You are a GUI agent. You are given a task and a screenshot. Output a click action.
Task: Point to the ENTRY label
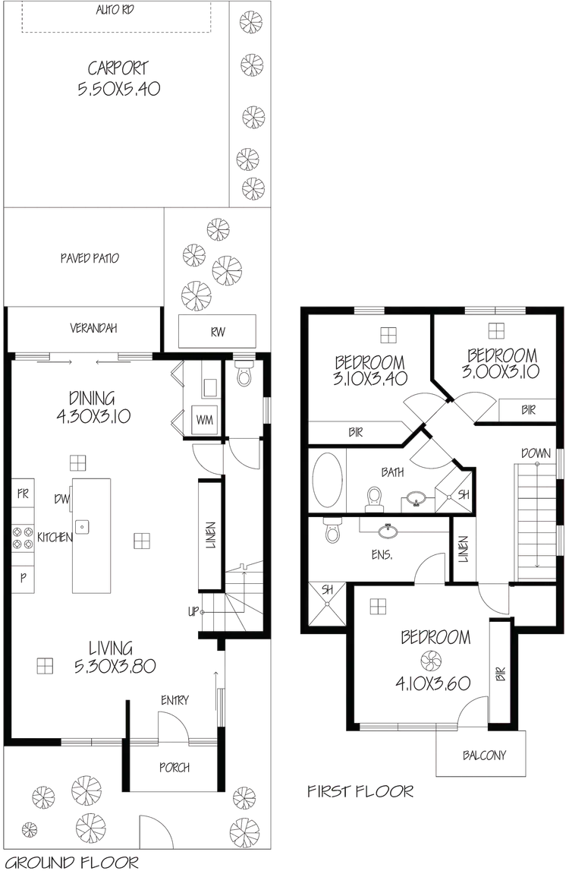[x=174, y=699]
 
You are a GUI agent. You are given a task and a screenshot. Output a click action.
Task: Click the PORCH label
[x=174, y=768]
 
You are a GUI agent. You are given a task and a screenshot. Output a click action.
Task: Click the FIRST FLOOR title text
[x=361, y=792]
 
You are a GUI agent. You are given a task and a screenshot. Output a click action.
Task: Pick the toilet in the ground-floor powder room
[x=245, y=377]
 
